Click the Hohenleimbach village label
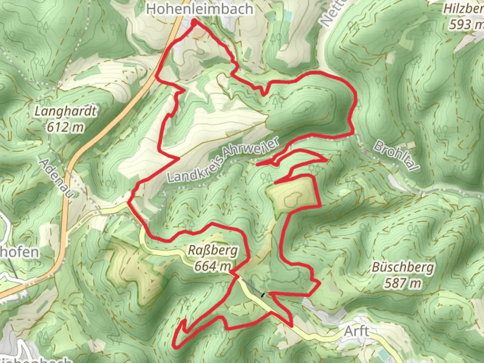pos(200,9)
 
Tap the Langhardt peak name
pos(66,111)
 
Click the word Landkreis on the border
pos(192,170)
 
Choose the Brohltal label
pos(393,155)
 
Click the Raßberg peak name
pos(212,250)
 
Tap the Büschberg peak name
pos(402,268)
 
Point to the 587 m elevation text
pos(402,283)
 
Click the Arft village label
pos(356,331)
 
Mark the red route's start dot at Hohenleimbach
pos(194,22)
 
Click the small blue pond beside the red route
pos(233,67)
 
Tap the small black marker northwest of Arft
pos(263,295)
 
